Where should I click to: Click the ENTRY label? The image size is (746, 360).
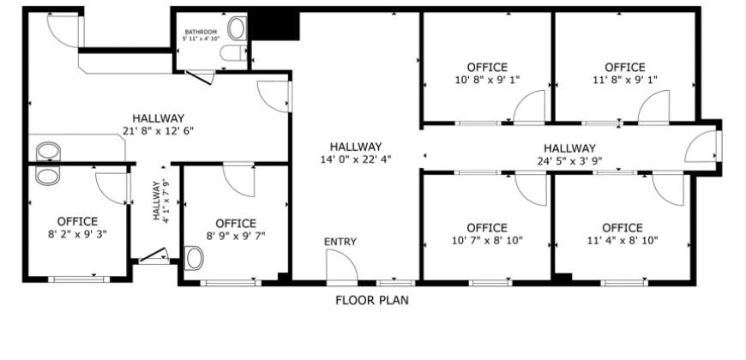pos(340,242)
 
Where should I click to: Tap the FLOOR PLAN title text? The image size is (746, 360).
pos(372,301)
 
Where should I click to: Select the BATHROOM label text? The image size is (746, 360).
pos(201,32)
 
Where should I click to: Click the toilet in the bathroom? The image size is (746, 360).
pos(233,53)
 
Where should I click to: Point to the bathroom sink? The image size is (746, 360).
pos(237,28)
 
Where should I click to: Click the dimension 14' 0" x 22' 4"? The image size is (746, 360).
pos(356,159)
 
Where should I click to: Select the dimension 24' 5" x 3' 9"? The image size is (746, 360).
pos(569,161)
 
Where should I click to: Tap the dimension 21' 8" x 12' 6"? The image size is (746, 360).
pos(159,131)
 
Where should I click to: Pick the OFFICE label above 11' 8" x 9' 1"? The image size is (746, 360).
pos(625,68)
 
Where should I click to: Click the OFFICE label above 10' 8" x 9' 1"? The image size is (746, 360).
pos(487,68)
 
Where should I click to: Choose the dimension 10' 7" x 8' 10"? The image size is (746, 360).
pos(487,241)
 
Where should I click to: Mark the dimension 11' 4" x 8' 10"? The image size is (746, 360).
pos(623,241)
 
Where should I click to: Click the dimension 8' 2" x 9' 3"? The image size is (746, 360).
pos(77,234)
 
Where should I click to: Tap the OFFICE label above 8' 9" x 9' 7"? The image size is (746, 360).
pos(236,224)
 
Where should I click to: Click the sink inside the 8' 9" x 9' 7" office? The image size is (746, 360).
pos(194,258)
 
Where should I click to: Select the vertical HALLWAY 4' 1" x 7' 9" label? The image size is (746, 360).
pos(161,200)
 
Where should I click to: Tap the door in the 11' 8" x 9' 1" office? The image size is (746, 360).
pos(653,107)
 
